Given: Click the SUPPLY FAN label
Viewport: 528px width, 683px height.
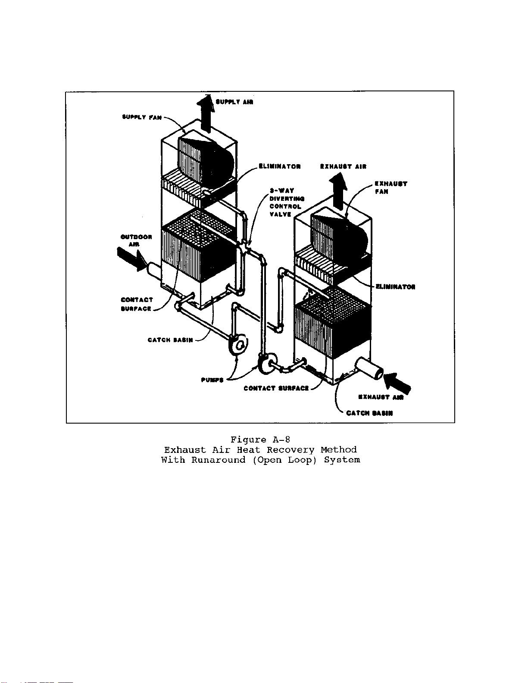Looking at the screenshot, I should [142, 117].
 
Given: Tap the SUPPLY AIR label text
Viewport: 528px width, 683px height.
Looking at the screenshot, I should [234, 102].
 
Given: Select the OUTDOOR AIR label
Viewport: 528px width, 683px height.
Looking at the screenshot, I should [136, 240].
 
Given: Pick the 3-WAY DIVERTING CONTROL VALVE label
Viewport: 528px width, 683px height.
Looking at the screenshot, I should [287, 203].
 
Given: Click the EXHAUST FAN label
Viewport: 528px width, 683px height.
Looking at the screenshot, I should [391, 187].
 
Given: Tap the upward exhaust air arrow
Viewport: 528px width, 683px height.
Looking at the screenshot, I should [338, 190].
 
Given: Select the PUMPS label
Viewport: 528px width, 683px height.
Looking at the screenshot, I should [212, 380].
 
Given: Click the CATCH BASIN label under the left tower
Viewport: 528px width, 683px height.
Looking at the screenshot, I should [170, 340].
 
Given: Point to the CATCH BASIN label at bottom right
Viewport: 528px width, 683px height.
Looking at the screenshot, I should [369, 413].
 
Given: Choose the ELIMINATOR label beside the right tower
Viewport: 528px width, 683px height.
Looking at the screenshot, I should [395, 287].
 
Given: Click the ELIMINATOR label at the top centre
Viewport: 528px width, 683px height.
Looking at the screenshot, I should [279, 167].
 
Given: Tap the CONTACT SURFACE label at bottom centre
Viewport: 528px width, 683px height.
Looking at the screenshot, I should [276, 388].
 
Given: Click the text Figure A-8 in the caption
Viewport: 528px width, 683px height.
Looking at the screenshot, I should [260, 440].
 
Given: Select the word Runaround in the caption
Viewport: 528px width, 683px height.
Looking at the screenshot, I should [218, 460].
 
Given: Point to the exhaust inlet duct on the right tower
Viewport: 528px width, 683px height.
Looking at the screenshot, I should [369, 370].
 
